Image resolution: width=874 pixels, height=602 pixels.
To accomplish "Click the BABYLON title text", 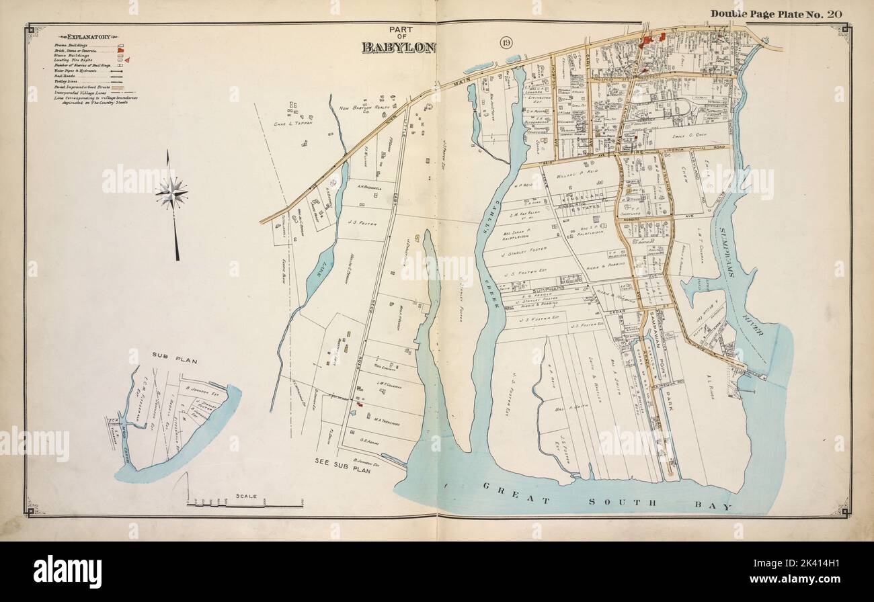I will (399, 47).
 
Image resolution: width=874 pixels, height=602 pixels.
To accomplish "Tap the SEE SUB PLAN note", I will (342, 462).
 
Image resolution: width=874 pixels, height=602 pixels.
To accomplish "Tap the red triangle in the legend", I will (126, 60).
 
